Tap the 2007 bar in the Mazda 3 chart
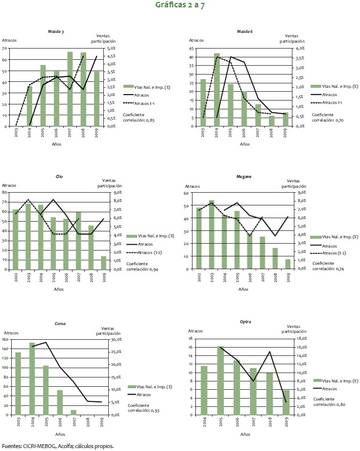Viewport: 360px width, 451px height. pos(70,89)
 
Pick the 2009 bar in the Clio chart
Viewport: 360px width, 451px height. pos(103,262)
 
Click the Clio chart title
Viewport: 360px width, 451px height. pos(60,176)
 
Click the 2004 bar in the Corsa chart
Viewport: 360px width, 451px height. pos(32,378)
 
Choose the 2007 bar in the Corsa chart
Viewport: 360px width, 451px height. pos(73,412)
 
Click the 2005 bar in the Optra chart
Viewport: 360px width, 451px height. pos(220,380)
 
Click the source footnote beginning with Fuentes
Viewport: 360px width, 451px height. pos(58,446)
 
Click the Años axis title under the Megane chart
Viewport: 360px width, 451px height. pos(243,289)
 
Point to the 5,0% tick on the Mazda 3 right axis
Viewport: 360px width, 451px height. pos(111,48)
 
